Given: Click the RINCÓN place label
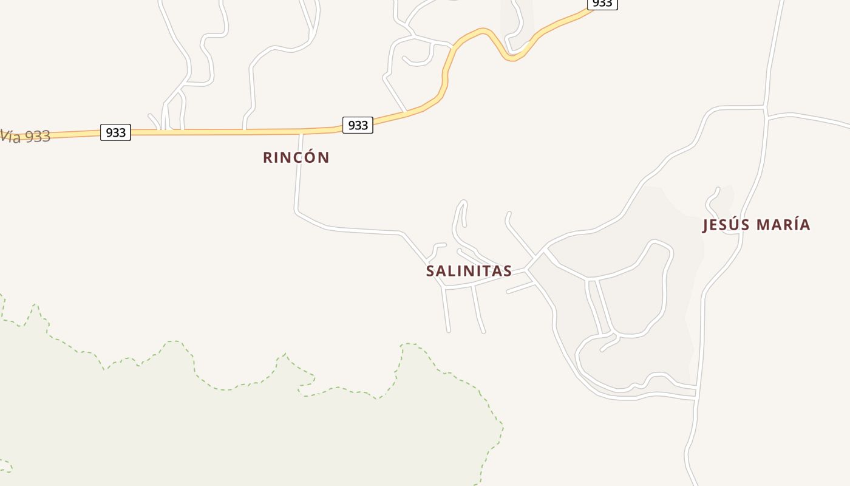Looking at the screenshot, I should [296, 157].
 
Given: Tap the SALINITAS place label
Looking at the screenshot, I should [469, 271].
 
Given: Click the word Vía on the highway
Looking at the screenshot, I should [10, 135].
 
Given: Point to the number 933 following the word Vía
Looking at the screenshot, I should [38, 137].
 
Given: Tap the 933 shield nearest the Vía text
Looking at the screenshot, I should [115, 132].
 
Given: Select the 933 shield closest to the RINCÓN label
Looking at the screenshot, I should [358, 125].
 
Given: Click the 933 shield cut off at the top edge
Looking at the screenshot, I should [602, 4].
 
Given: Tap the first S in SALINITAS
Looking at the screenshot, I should [430, 271].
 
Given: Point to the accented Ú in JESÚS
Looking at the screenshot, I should [736, 224].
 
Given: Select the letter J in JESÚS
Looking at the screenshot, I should [705, 225].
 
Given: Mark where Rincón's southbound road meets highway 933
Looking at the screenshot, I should [301, 131].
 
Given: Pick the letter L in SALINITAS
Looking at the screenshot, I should [454, 271].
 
